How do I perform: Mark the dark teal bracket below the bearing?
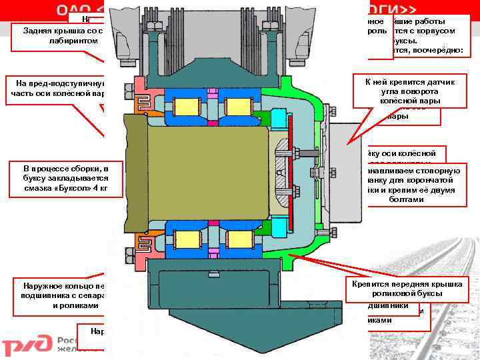point(200,280)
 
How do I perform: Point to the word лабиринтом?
point(73,41)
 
